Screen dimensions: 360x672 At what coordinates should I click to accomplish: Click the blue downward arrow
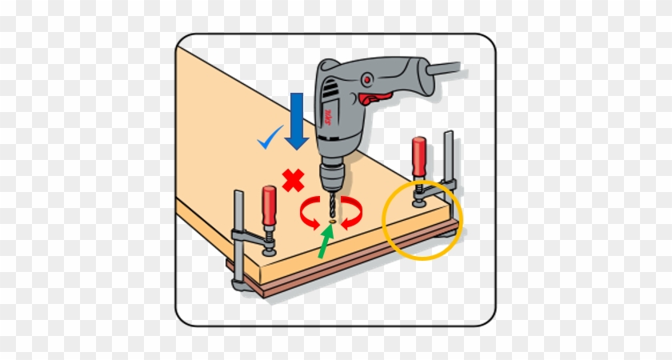(297, 120)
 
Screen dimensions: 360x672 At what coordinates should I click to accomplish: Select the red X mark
(293, 181)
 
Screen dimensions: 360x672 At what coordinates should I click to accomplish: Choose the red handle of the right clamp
(418, 159)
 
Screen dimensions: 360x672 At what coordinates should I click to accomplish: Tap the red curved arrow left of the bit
(308, 214)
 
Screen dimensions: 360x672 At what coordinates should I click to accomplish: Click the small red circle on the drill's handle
(367, 80)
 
